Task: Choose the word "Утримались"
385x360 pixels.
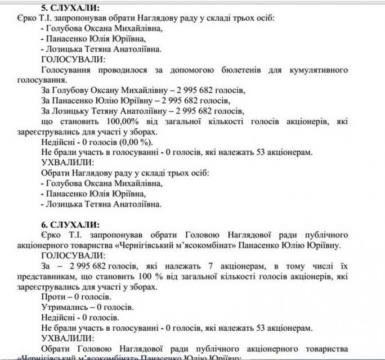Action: (x=63, y=307)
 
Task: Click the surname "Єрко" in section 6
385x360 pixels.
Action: (x=52, y=234)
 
